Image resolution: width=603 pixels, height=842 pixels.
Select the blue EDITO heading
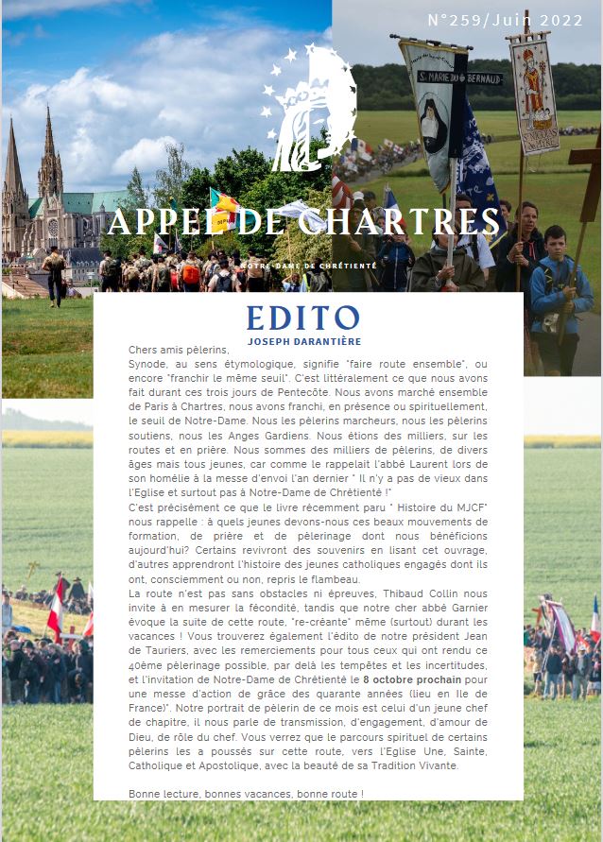302,318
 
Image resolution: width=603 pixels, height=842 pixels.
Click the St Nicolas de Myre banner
535,95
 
